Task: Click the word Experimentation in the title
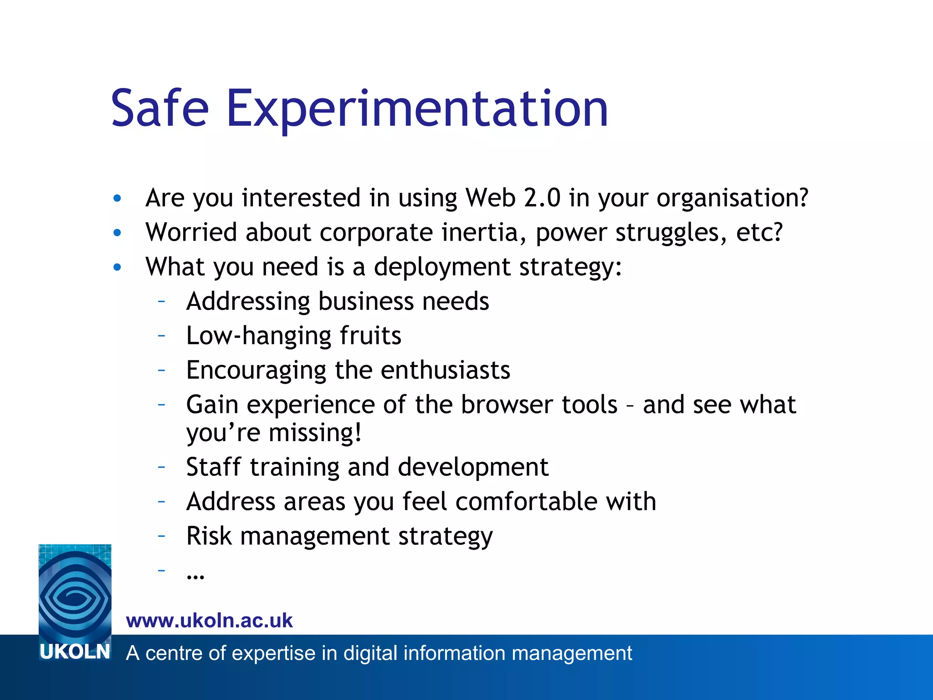pos(417,109)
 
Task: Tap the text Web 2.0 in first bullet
pos(513,198)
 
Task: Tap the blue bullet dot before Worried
pos(118,233)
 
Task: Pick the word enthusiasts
pos(445,370)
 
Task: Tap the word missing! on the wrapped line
pos(315,433)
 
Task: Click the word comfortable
pos(526,502)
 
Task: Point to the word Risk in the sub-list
pos(209,536)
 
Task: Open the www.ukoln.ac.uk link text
pos(209,621)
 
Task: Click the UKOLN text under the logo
pos(75,652)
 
